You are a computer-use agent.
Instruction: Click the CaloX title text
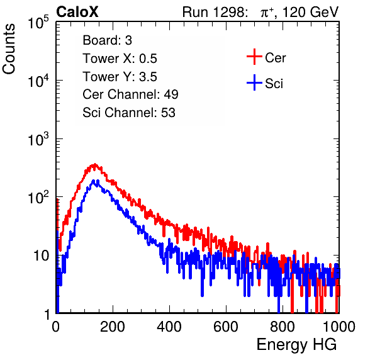pos(77,12)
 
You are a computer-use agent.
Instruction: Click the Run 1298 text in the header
pos(215,12)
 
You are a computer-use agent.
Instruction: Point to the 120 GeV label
pos(311,12)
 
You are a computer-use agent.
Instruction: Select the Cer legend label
pos(275,58)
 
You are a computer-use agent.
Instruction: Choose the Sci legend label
pos(274,84)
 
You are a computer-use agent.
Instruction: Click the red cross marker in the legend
pos(254,57)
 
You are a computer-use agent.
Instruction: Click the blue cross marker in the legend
pos(254,83)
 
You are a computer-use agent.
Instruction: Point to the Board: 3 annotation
pos(107,40)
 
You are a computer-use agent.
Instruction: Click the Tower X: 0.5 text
pos(120,59)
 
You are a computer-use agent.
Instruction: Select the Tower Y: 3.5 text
pos(120,77)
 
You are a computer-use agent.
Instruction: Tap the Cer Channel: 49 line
pos(130,94)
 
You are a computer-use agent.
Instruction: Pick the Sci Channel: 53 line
pos(129,113)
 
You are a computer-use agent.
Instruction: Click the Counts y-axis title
pos(9,49)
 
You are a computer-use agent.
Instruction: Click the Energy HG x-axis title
pos(296,345)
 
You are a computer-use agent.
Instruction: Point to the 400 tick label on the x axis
pos(169,327)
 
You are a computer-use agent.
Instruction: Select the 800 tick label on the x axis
pos(283,327)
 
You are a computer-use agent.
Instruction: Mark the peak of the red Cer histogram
pos(95,164)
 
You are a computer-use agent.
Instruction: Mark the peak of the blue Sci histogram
pos(94,181)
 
